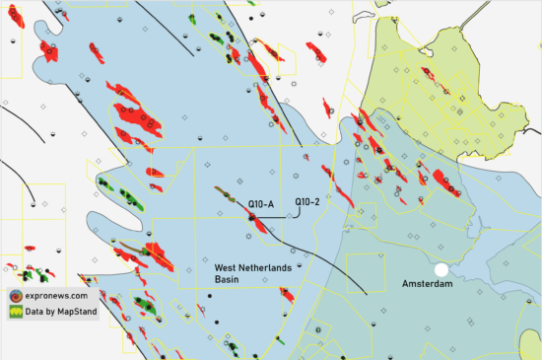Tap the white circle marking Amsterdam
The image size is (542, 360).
click(x=442, y=269)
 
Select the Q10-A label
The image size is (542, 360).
click(x=261, y=204)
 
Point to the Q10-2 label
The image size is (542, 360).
click(x=310, y=203)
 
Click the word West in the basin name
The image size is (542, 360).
click(x=230, y=267)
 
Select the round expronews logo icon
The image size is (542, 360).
click(x=16, y=295)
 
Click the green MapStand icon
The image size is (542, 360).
click(x=16, y=312)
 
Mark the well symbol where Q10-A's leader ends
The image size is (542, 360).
click(x=251, y=218)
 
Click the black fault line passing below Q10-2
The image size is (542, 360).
click(x=296, y=248)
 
